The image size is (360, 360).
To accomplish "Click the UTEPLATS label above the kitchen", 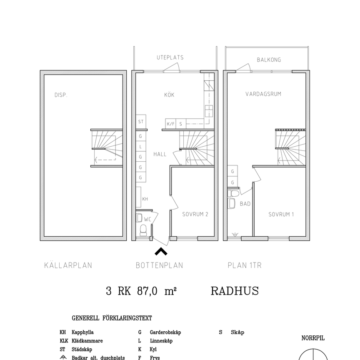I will click(170, 57).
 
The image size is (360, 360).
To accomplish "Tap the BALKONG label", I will click(269, 60).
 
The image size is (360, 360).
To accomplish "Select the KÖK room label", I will click(169, 95).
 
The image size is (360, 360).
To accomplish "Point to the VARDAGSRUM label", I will click(263, 94).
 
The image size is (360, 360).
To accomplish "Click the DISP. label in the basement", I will click(61, 95).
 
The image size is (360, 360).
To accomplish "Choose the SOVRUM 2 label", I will click(195, 215).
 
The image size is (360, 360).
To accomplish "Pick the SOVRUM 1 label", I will click(281, 215).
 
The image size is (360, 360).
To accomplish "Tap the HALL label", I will click(160, 154).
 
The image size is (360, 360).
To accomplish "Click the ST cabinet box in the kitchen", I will click(141, 122).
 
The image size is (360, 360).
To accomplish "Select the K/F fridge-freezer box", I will click(170, 124).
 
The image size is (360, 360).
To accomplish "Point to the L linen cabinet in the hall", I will click(141, 147).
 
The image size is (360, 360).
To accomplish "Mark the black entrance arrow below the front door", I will click(161, 251).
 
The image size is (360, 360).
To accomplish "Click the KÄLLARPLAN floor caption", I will click(68, 265).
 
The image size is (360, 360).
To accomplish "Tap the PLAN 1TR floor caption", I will click(245, 265).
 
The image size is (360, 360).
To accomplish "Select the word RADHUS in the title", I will click(235, 291).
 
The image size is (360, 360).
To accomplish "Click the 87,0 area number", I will click(147, 291).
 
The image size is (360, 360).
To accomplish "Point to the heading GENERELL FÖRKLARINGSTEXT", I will click(112, 318).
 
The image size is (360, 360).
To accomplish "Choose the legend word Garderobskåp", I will click(165, 332).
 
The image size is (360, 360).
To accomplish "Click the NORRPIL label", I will click(313, 338).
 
